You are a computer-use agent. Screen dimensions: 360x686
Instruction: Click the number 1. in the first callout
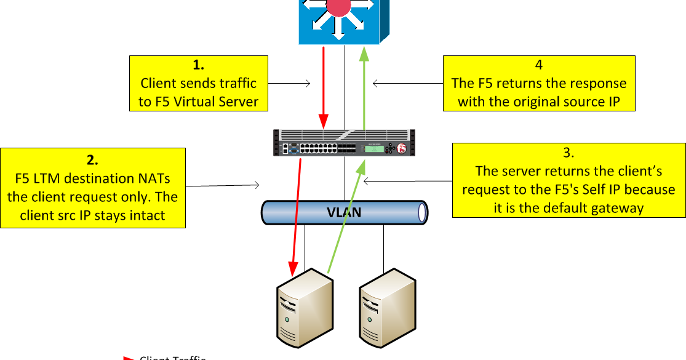(198, 65)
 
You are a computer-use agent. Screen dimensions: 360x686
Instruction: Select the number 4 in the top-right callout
(539, 65)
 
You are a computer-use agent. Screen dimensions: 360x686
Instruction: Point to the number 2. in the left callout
(92, 160)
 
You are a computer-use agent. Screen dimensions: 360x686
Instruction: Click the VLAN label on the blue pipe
(343, 213)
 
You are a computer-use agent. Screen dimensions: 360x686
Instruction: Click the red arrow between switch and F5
(322, 86)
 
